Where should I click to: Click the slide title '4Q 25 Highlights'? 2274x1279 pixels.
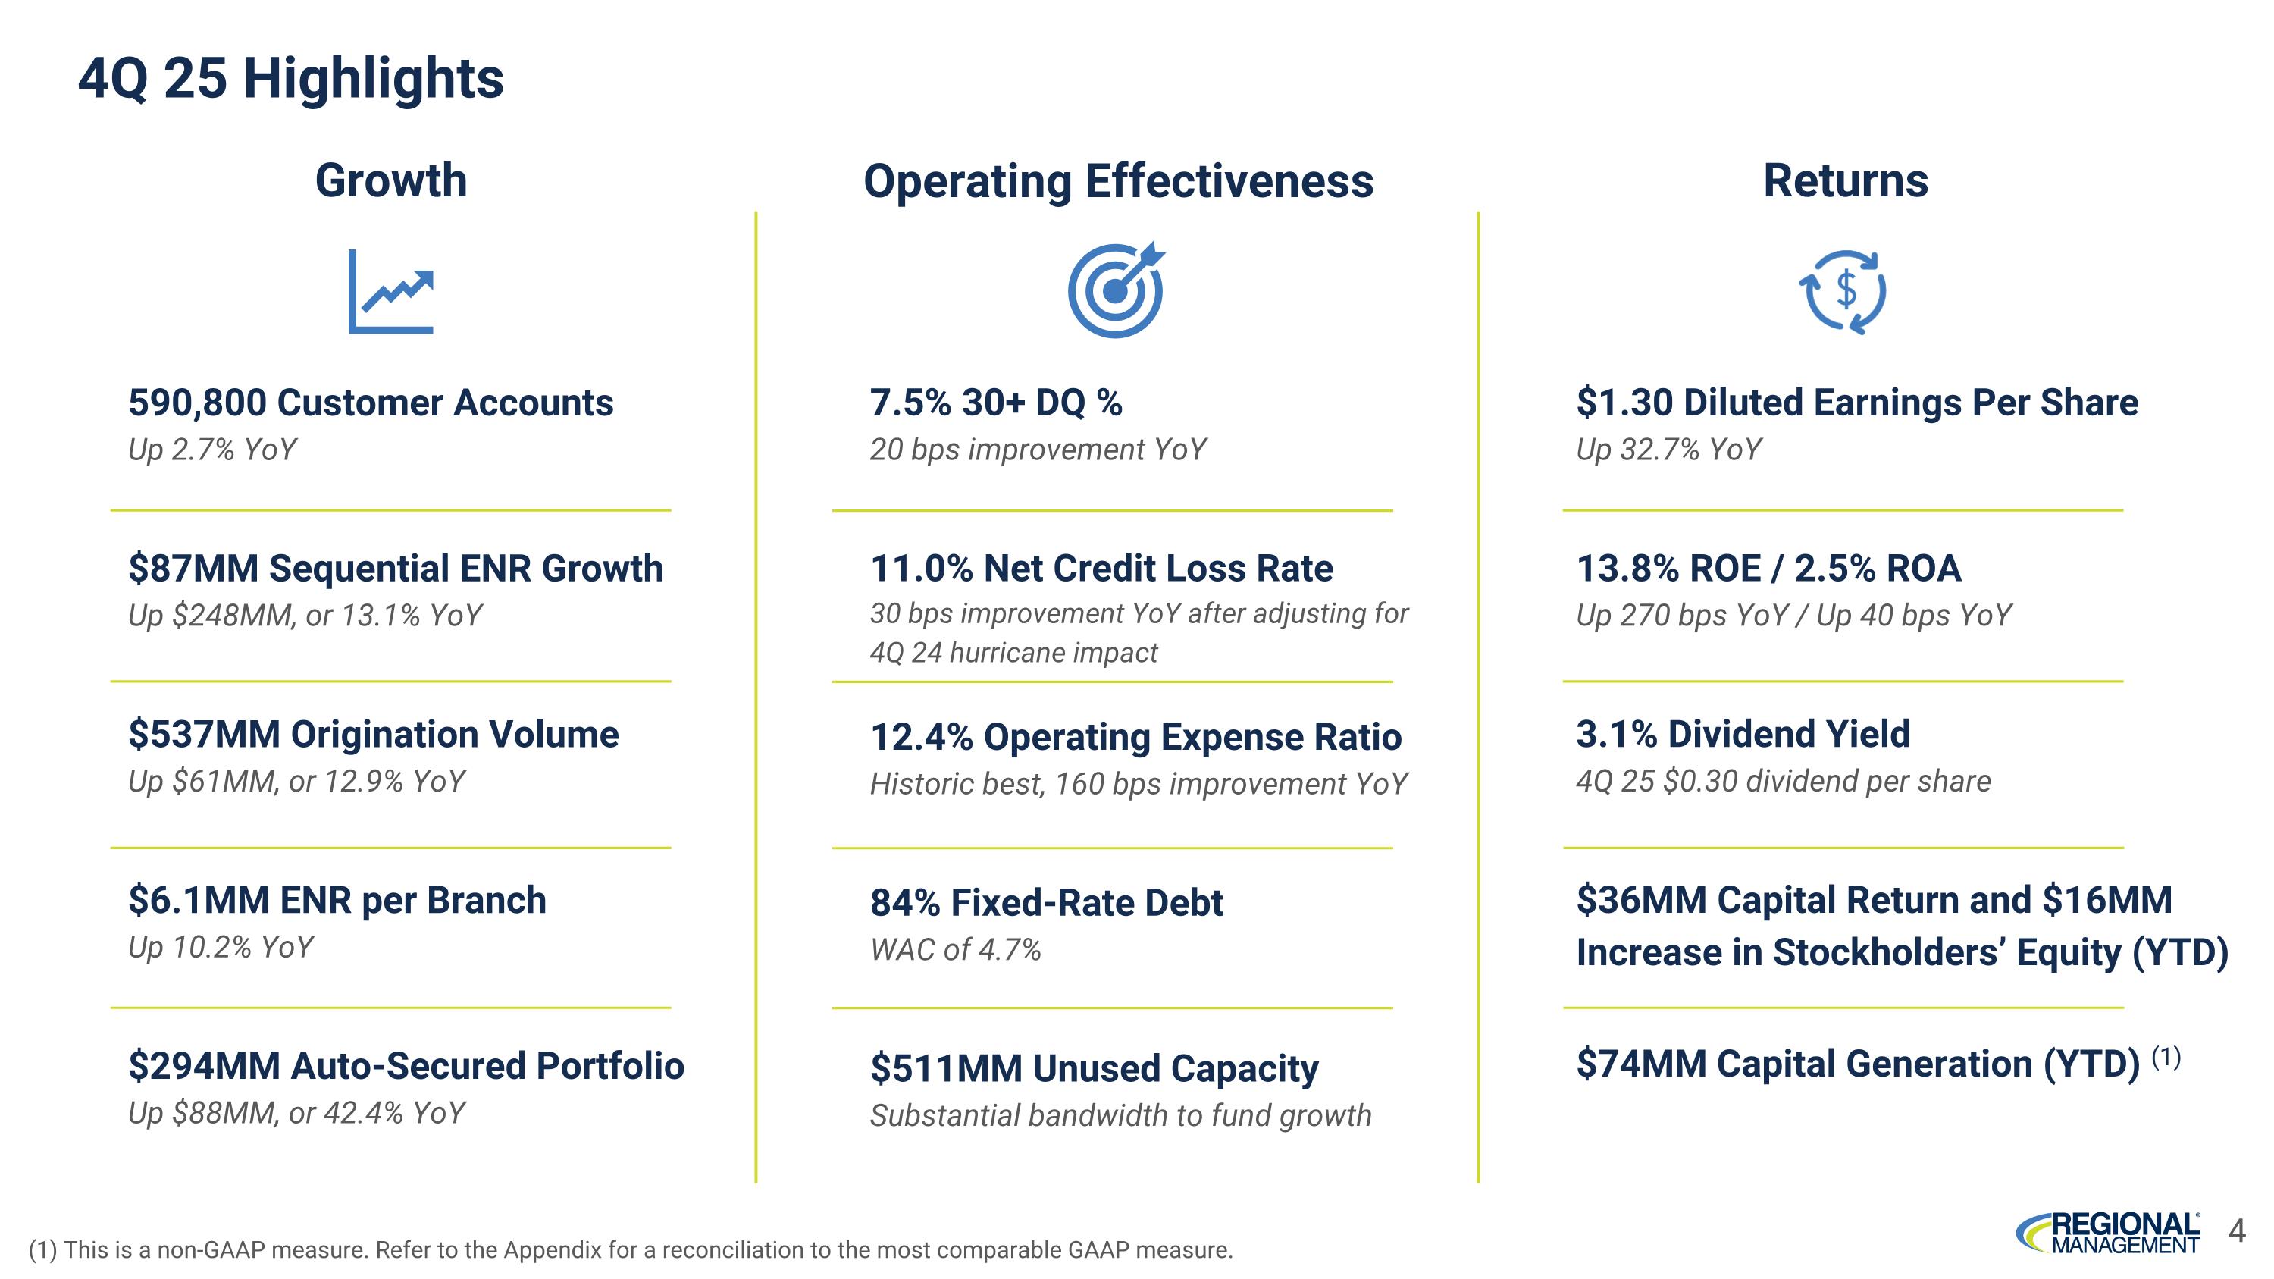[x=290, y=79]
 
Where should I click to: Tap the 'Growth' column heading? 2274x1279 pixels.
[x=391, y=181]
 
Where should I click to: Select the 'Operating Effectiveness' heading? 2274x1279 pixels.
[x=1117, y=181]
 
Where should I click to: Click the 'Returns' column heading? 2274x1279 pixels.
[x=1845, y=181]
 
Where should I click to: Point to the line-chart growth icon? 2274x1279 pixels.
[x=391, y=291]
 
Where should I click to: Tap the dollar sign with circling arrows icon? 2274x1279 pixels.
[x=1843, y=291]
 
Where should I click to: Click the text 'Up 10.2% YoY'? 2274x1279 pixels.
[x=221, y=948]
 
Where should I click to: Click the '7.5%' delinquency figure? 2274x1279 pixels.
[x=910, y=403]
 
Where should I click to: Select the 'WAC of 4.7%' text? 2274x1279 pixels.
[x=955, y=951]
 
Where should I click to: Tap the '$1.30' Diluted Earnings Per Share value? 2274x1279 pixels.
[x=1624, y=403]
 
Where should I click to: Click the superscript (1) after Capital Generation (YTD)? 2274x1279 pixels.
[x=2166, y=1057]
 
